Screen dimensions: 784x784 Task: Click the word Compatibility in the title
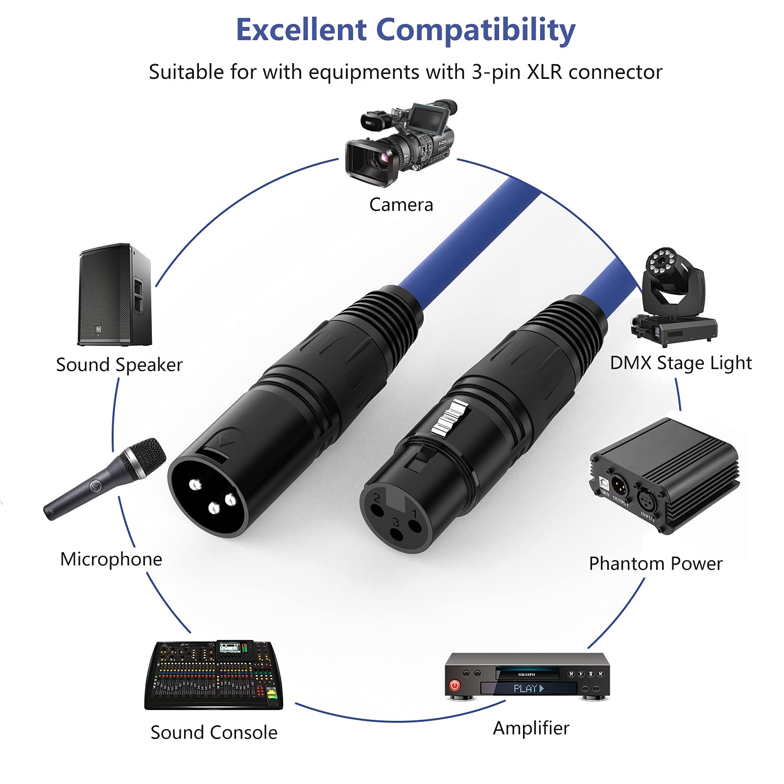pos(475,31)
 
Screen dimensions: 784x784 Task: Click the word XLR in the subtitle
pos(544,72)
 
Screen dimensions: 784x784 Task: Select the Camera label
pos(401,205)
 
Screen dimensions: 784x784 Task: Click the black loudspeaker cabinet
pos(115,295)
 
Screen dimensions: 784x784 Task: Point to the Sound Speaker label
pos(119,365)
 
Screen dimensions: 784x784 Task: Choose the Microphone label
pos(111,559)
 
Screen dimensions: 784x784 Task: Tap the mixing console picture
pos(214,675)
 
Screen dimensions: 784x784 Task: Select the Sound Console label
pos(214,733)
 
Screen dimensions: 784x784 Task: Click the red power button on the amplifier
pos(455,685)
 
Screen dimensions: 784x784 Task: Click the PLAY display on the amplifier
pos(528,689)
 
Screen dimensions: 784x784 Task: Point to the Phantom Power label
pos(656,564)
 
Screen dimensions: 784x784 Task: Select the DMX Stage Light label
pos(681,363)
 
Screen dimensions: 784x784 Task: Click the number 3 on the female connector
pos(396,523)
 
